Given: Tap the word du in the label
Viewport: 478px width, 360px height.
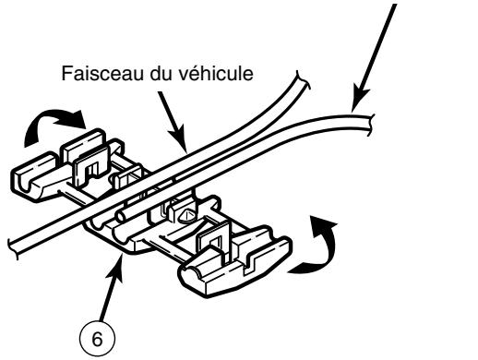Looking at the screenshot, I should pos(148,71).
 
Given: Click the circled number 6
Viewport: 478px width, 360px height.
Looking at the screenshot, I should pos(99,337).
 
